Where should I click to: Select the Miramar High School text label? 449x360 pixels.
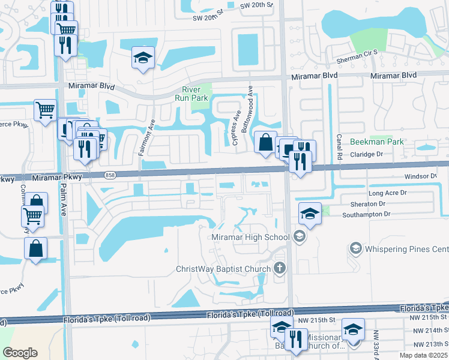coord(251,238)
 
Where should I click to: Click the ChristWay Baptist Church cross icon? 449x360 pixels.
coord(279,268)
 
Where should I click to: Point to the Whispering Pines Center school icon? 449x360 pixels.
coord(356,248)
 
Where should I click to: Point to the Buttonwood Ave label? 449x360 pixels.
coord(246,109)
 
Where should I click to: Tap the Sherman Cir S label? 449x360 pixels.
coord(357,53)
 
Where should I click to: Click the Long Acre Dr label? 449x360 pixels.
coord(388,193)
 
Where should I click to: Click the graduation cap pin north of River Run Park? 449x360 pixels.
coord(143,58)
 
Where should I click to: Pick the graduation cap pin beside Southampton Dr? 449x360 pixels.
coord(309,214)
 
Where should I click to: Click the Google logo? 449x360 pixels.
coord(20,353)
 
